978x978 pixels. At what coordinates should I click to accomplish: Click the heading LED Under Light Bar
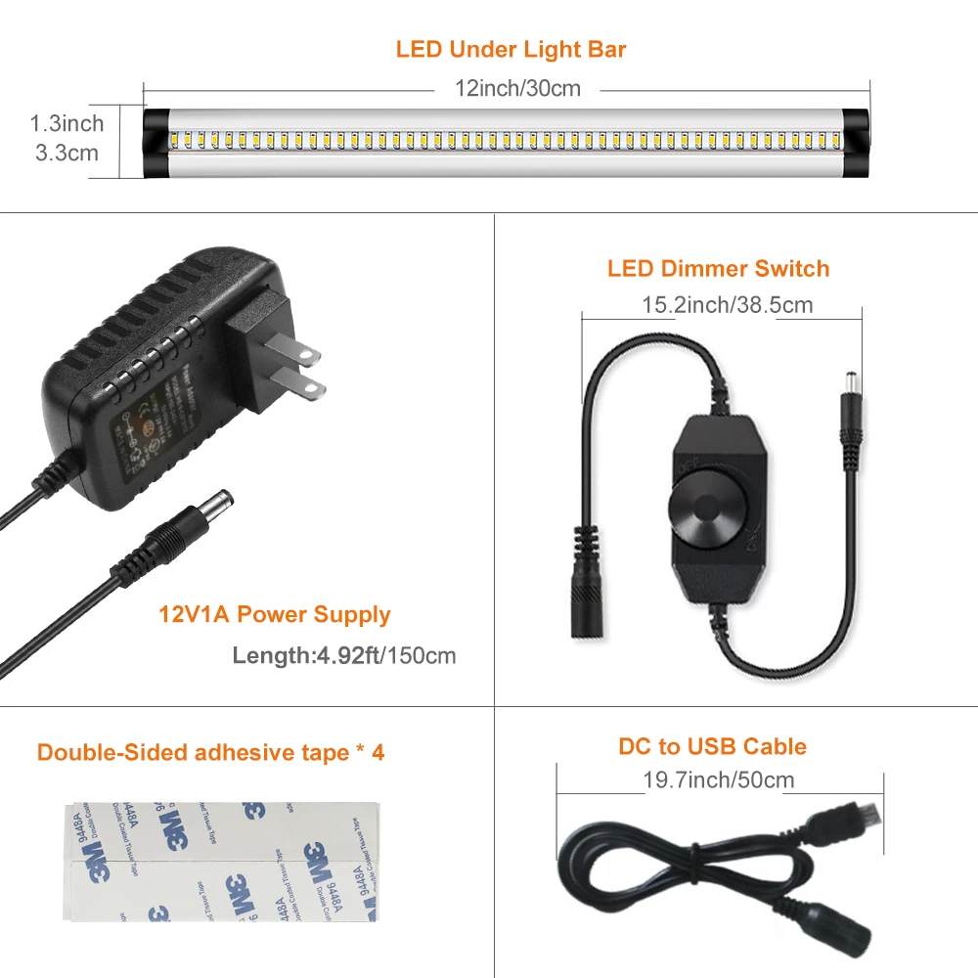pyautogui.click(x=511, y=49)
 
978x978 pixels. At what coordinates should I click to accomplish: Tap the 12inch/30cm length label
pyautogui.click(x=517, y=89)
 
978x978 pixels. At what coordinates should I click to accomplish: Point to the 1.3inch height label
pyautogui.click(x=67, y=123)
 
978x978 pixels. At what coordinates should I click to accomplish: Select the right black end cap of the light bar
pyautogui.click(x=857, y=141)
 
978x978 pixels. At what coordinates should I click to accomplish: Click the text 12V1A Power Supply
pyautogui.click(x=275, y=615)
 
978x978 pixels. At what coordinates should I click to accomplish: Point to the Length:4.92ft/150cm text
pyautogui.click(x=344, y=655)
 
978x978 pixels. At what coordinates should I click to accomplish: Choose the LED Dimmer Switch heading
pyautogui.click(x=718, y=269)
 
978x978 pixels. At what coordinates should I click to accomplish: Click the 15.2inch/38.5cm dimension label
pyautogui.click(x=727, y=305)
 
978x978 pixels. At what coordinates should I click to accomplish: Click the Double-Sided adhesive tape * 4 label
pyautogui.click(x=211, y=752)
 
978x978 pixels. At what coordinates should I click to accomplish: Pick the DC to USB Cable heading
pyautogui.click(x=712, y=747)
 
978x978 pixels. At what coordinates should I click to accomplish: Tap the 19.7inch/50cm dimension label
pyautogui.click(x=719, y=779)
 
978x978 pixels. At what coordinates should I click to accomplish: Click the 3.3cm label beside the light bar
pyautogui.click(x=67, y=153)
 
